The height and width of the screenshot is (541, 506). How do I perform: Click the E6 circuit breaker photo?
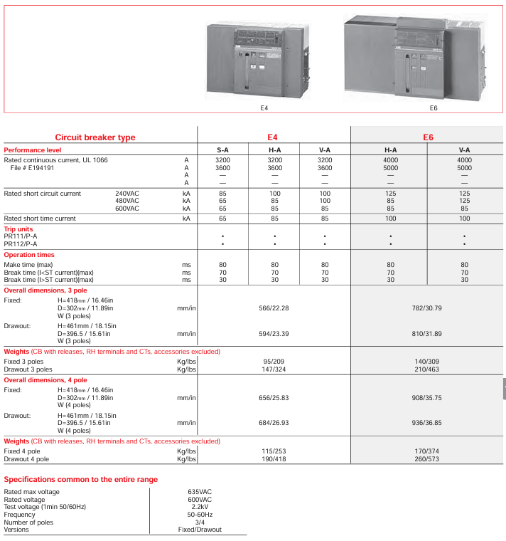pyautogui.click(x=418, y=57)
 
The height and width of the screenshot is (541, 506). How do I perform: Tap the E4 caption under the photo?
pyautogui.click(x=264, y=108)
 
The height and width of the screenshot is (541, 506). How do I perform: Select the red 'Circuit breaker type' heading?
pyautogui.click(x=95, y=137)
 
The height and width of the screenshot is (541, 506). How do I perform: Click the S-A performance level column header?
pyautogui.click(x=222, y=150)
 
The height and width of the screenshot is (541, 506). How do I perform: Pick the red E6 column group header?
pyautogui.click(x=428, y=137)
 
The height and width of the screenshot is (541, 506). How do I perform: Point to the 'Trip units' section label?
pyautogui.click(x=21, y=229)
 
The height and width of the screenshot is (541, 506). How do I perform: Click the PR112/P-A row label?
pyautogui.click(x=21, y=243)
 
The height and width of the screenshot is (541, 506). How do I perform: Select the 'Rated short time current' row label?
pyautogui.click(x=40, y=219)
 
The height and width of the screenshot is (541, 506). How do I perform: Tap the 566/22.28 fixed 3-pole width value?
pyautogui.click(x=274, y=308)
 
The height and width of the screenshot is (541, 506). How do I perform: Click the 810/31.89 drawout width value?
pyautogui.click(x=427, y=333)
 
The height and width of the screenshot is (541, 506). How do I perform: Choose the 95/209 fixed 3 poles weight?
pyautogui.click(x=274, y=362)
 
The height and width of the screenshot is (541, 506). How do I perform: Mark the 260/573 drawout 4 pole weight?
pyautogui.click(x=427, y=459)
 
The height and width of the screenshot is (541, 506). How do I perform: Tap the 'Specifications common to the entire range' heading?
pyautogui.click(x=81, y=480)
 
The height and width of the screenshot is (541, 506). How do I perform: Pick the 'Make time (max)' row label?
pyautogui.click(x=28, y=264)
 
